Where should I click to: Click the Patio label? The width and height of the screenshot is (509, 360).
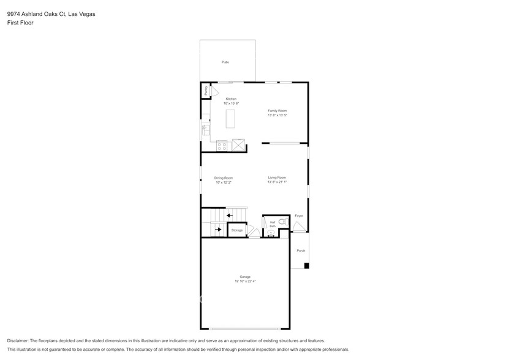(225, 62)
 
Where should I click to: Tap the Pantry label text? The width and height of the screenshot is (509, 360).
(206, 91)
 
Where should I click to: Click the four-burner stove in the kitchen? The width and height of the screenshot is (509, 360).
(222, 146)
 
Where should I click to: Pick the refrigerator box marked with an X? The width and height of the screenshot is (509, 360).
(238, 145)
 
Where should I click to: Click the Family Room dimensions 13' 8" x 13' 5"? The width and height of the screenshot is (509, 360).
(277, 115)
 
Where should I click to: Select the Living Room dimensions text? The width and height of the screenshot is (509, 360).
(277, 182)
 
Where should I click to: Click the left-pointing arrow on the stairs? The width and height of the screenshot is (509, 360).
(229, 216)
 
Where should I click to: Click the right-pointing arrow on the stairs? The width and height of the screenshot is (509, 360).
(217, 230)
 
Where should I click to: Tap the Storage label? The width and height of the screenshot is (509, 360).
(237, 230)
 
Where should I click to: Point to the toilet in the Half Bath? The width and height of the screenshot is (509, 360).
(282, 222)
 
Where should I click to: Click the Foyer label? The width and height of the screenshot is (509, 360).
(299, 216)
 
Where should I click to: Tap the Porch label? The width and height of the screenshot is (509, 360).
(301, 250)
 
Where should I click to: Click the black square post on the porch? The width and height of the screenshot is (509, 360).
(307, 266)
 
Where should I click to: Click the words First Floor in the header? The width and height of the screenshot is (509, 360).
(20, 23)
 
